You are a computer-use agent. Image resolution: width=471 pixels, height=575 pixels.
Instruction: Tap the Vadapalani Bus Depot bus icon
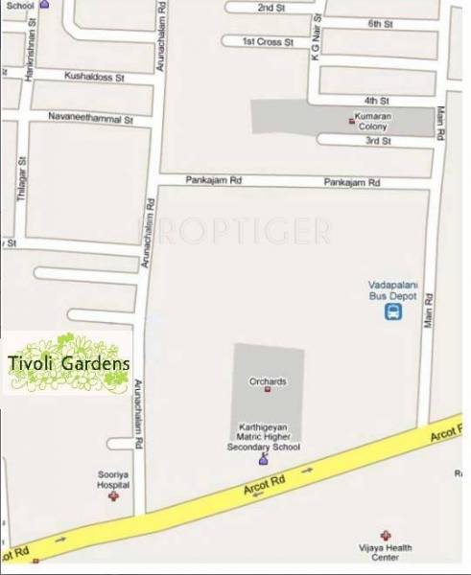pyautogui.click(x=393, y=312)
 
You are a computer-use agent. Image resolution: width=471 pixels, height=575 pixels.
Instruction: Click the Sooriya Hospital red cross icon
pyautogui.click(x=114, y=498)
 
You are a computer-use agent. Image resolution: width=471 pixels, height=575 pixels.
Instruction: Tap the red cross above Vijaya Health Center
pyautogui.click(x=386, y=535)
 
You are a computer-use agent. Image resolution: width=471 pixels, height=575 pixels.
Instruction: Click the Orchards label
pyautogui.click(x=268, y=380)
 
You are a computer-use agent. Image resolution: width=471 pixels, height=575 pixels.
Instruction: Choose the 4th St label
pyautogui.click(x=374, y=100)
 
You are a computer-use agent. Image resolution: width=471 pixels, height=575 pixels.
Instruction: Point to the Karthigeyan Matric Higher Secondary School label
pyautogui.click(x=263, y=435)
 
